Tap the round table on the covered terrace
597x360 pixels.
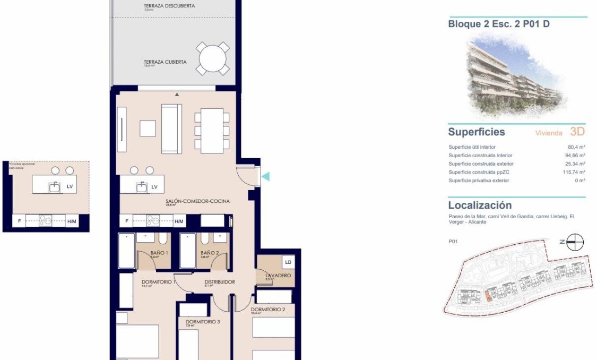[x=213, y=59]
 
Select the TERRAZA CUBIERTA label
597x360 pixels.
[x=165, y=62]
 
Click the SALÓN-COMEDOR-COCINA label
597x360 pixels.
[x=197, y=201]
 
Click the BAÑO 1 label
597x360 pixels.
[x=159, y=253]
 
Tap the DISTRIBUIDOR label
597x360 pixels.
[x=219, y=282]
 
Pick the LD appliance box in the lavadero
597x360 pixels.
[x=288, y=262]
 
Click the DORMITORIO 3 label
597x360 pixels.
[x=202, y=322]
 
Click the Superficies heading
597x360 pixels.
[x=476, y=132]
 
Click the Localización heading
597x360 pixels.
[x=480, y=205]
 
